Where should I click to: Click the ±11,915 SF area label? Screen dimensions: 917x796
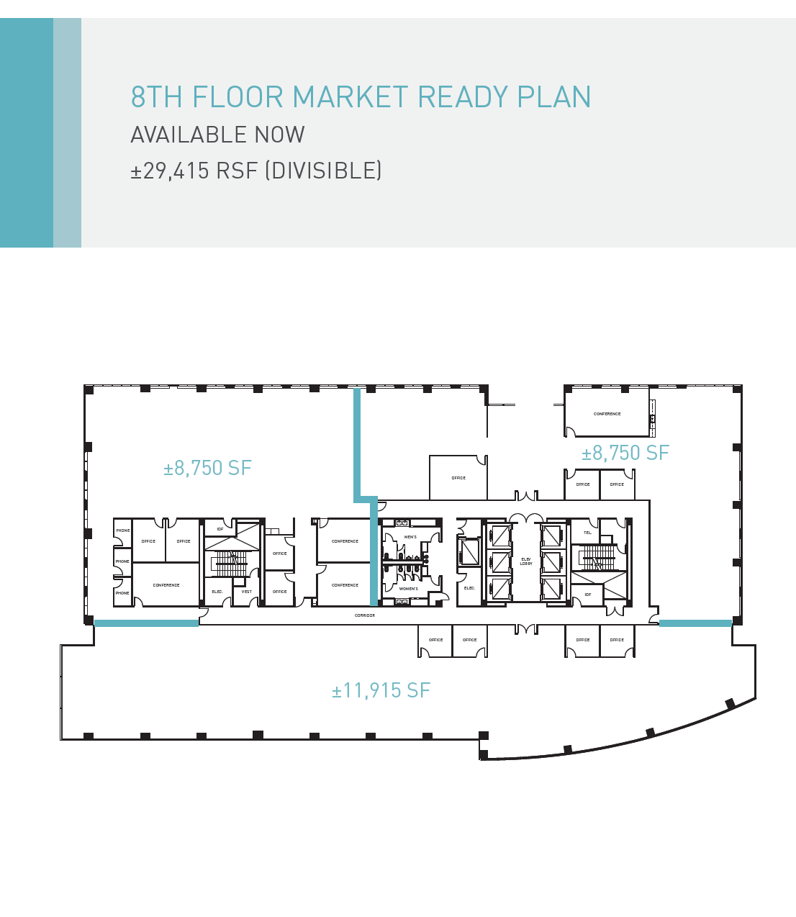381,691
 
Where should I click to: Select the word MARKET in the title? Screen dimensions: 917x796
350,97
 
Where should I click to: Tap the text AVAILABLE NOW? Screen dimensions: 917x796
217,135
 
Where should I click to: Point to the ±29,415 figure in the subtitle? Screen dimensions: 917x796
170,171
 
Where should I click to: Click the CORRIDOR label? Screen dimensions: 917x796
365,615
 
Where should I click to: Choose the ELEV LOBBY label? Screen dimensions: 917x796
526,561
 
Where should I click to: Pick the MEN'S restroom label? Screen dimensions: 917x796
410,537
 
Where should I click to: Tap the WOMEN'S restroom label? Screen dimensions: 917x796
409,589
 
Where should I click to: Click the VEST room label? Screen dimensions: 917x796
247,592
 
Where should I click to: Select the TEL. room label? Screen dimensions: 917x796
588,533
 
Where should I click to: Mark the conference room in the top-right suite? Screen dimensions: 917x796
607,414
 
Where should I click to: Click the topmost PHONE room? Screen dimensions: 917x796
123,530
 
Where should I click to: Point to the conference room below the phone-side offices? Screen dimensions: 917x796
166,585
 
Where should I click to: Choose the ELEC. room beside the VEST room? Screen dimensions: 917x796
217,592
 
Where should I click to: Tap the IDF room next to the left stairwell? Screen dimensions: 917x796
220,529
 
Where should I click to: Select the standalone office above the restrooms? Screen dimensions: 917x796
458,478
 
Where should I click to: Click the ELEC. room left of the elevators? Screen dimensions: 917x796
469,588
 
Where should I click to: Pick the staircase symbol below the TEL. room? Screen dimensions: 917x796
598,557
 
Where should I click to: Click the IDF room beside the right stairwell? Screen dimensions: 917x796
587,595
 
